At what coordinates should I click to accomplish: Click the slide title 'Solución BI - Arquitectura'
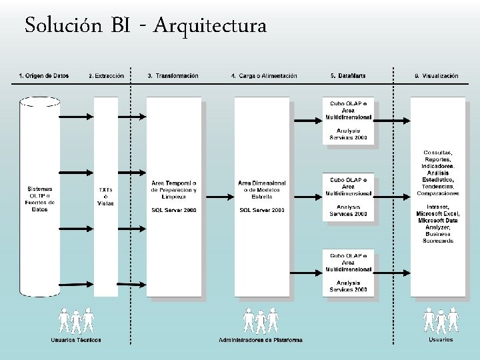145,26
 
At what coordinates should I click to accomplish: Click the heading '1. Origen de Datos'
43,76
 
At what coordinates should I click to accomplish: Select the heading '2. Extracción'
107,76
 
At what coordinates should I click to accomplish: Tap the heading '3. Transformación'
173,76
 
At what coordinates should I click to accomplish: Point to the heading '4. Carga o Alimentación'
264,76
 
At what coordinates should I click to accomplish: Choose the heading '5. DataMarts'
347,76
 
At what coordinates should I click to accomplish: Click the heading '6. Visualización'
437,76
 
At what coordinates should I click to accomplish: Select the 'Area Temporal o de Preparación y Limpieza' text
174,189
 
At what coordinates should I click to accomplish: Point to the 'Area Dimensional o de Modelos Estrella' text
262,189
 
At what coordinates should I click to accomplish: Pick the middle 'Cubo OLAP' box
348,197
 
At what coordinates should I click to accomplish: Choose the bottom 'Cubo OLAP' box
348,273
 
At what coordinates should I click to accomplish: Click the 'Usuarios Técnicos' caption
76,340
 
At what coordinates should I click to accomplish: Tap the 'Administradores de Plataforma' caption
261,340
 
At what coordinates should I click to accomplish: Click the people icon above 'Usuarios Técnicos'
76,320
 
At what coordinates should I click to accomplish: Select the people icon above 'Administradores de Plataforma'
261,320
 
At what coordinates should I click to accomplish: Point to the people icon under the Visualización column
441,320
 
